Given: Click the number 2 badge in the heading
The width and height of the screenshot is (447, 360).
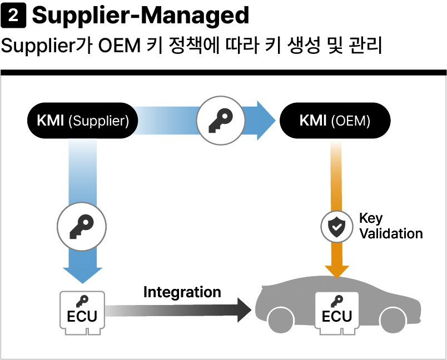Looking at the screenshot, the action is (13, 16).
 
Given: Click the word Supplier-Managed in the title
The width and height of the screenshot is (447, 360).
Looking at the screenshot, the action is (141, 16).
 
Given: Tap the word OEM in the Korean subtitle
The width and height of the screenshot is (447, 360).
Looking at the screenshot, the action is (119, 46).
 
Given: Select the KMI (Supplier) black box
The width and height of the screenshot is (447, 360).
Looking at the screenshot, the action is (83, 121).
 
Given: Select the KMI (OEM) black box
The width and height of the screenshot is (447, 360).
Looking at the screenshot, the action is (335, 121).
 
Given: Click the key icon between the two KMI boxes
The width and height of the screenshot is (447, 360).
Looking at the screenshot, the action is (221, 121).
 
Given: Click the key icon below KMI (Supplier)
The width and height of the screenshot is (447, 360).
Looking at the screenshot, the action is (82, 227).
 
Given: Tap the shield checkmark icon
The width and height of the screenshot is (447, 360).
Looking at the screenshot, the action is (337, 227).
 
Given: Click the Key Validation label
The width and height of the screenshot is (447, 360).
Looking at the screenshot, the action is (391, 226).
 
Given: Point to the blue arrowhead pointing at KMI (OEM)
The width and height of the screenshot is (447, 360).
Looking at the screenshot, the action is (266, 121).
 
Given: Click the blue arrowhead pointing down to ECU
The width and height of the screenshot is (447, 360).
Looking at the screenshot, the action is (83, 276).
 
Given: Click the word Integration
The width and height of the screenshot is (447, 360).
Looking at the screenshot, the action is (182, 292).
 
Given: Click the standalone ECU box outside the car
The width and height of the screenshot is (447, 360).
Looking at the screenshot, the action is (82, 313).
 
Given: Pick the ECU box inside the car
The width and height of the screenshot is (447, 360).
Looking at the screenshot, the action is (337, 313).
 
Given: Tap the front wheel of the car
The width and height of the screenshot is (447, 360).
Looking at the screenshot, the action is (393, 321).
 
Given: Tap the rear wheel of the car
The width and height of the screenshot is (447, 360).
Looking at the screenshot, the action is (281, 321).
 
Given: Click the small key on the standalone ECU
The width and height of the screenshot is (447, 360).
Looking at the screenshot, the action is (82, 301).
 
